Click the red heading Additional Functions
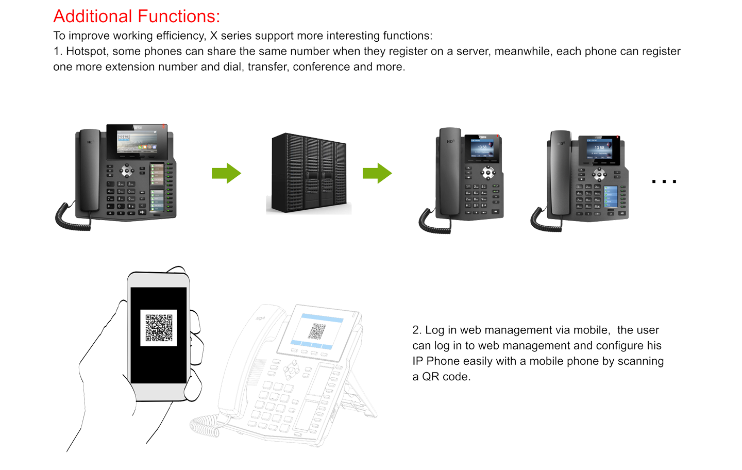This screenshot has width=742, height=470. pyautogui.click(x=135, y=16)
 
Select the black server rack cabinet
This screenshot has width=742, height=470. pyautogui.click(x=309, y=173)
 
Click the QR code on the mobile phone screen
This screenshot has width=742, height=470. pyautogui.click(x=159, y=328)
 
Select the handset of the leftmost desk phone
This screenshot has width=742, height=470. pyautogui.click(x=88, y=170)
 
